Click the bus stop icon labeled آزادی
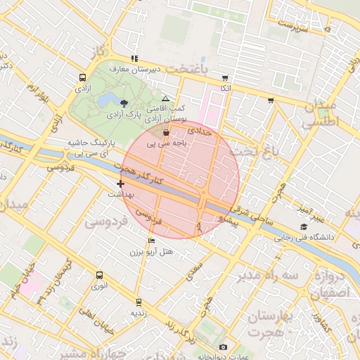pyautogui.click(x=83, y=78)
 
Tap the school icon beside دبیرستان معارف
pyautogui.click(x=134, y=58)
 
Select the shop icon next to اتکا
pyautogui.click(x=224, y=78)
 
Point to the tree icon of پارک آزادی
pyautogui.click(x=124, y=103)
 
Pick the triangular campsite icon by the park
pyautogui.click(x=165, y=98)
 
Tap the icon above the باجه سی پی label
pyautogui.click(x=166, y=131)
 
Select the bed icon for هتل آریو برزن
pyautogui.click(x=151, y=241)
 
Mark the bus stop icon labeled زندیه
pyautogui.click(x=138, y=302)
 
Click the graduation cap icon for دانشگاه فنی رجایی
pyautogui.click(x=303, y=226)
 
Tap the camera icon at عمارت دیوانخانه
pyautogui.click(x=224, y=347)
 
